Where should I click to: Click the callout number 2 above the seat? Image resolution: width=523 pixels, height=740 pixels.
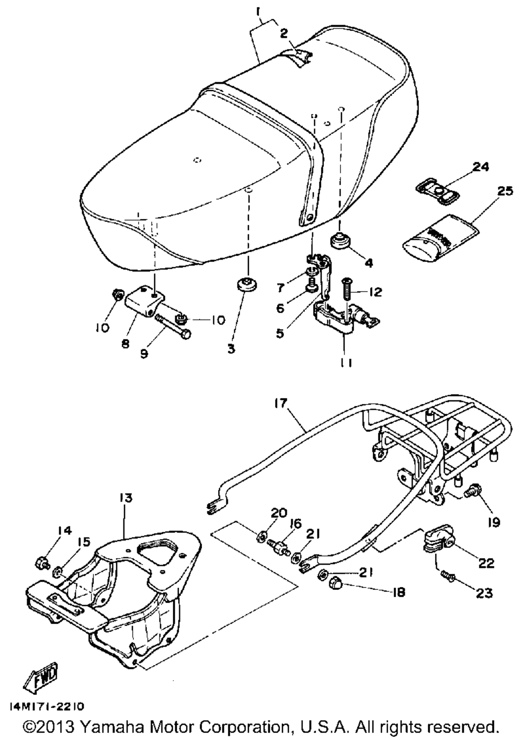[284, 33]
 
